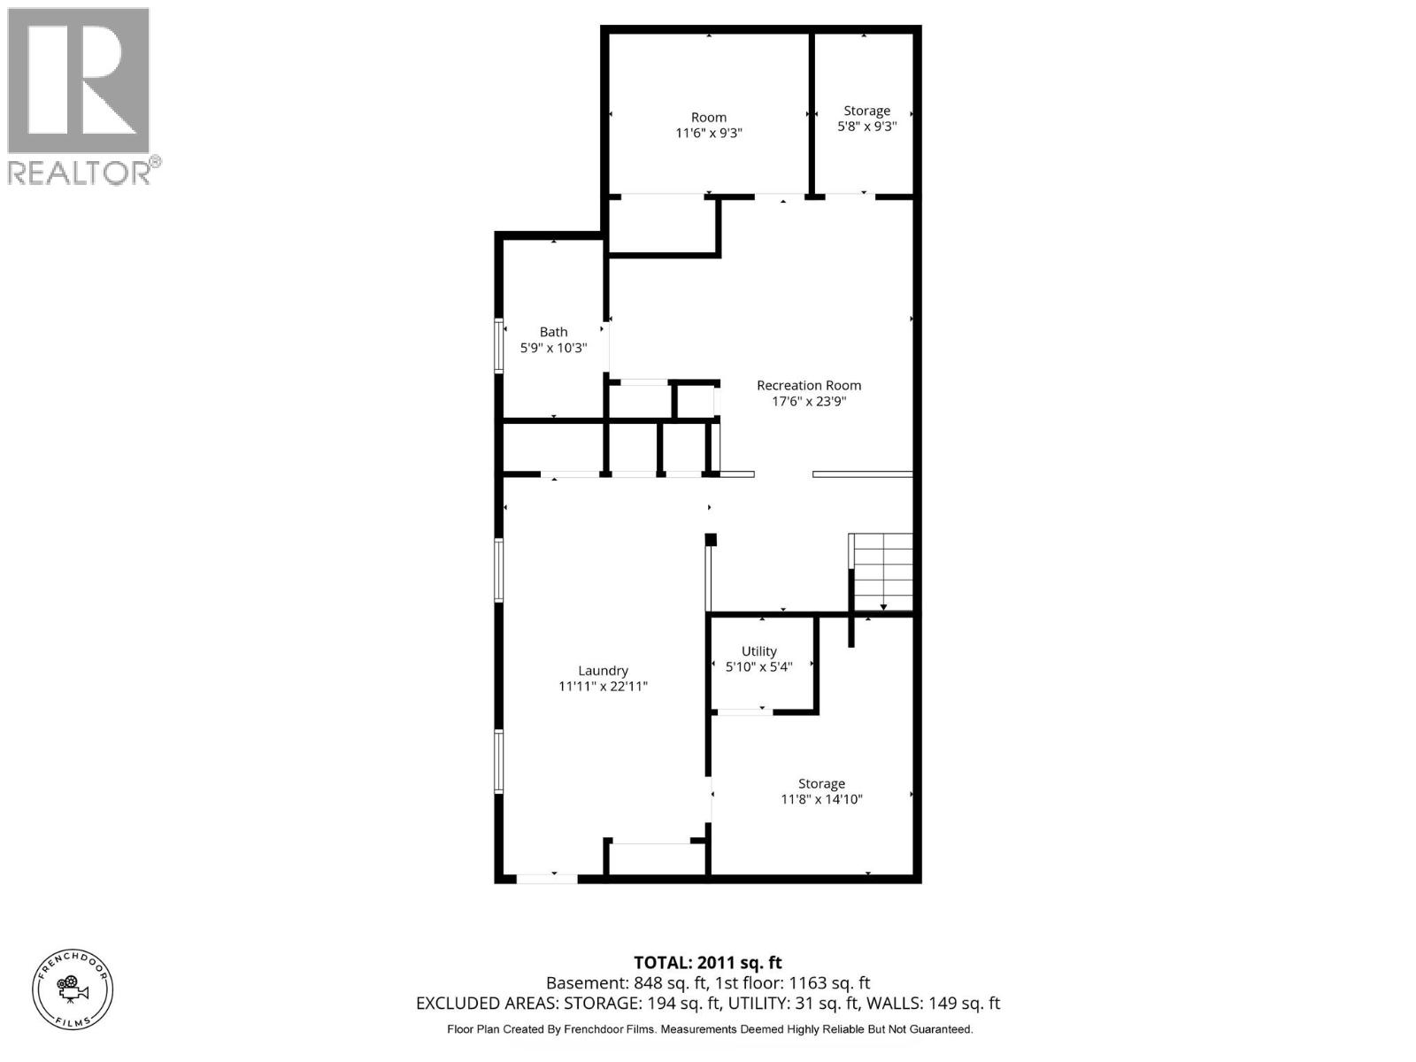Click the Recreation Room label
tap(808, 385)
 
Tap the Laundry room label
tap(603, 671)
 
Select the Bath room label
tap(553, 332)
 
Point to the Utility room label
tap(758, 650)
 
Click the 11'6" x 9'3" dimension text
tap(708, 134)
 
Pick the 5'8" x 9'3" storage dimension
tap(866, 127)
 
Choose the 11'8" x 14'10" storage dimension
tap(820, 799)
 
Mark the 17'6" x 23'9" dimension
tap(808, 401)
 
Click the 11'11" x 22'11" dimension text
tap(603, 687)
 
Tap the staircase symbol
tap(881, 572)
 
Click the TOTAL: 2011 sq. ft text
tap(707, 962)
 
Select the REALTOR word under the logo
tap(79, 172)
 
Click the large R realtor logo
tap(78, 81)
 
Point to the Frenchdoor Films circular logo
tap(73, 989)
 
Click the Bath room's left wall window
tap(498, 344)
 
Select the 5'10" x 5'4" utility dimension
tap(758, 666)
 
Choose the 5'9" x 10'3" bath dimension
tap(553, 348)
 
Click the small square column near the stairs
tap(710, 539)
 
